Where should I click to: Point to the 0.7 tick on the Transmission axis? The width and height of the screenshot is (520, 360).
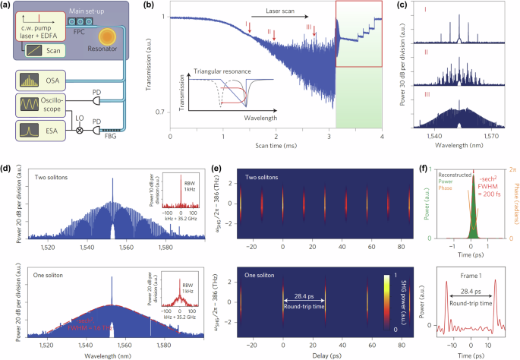(160, 112)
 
